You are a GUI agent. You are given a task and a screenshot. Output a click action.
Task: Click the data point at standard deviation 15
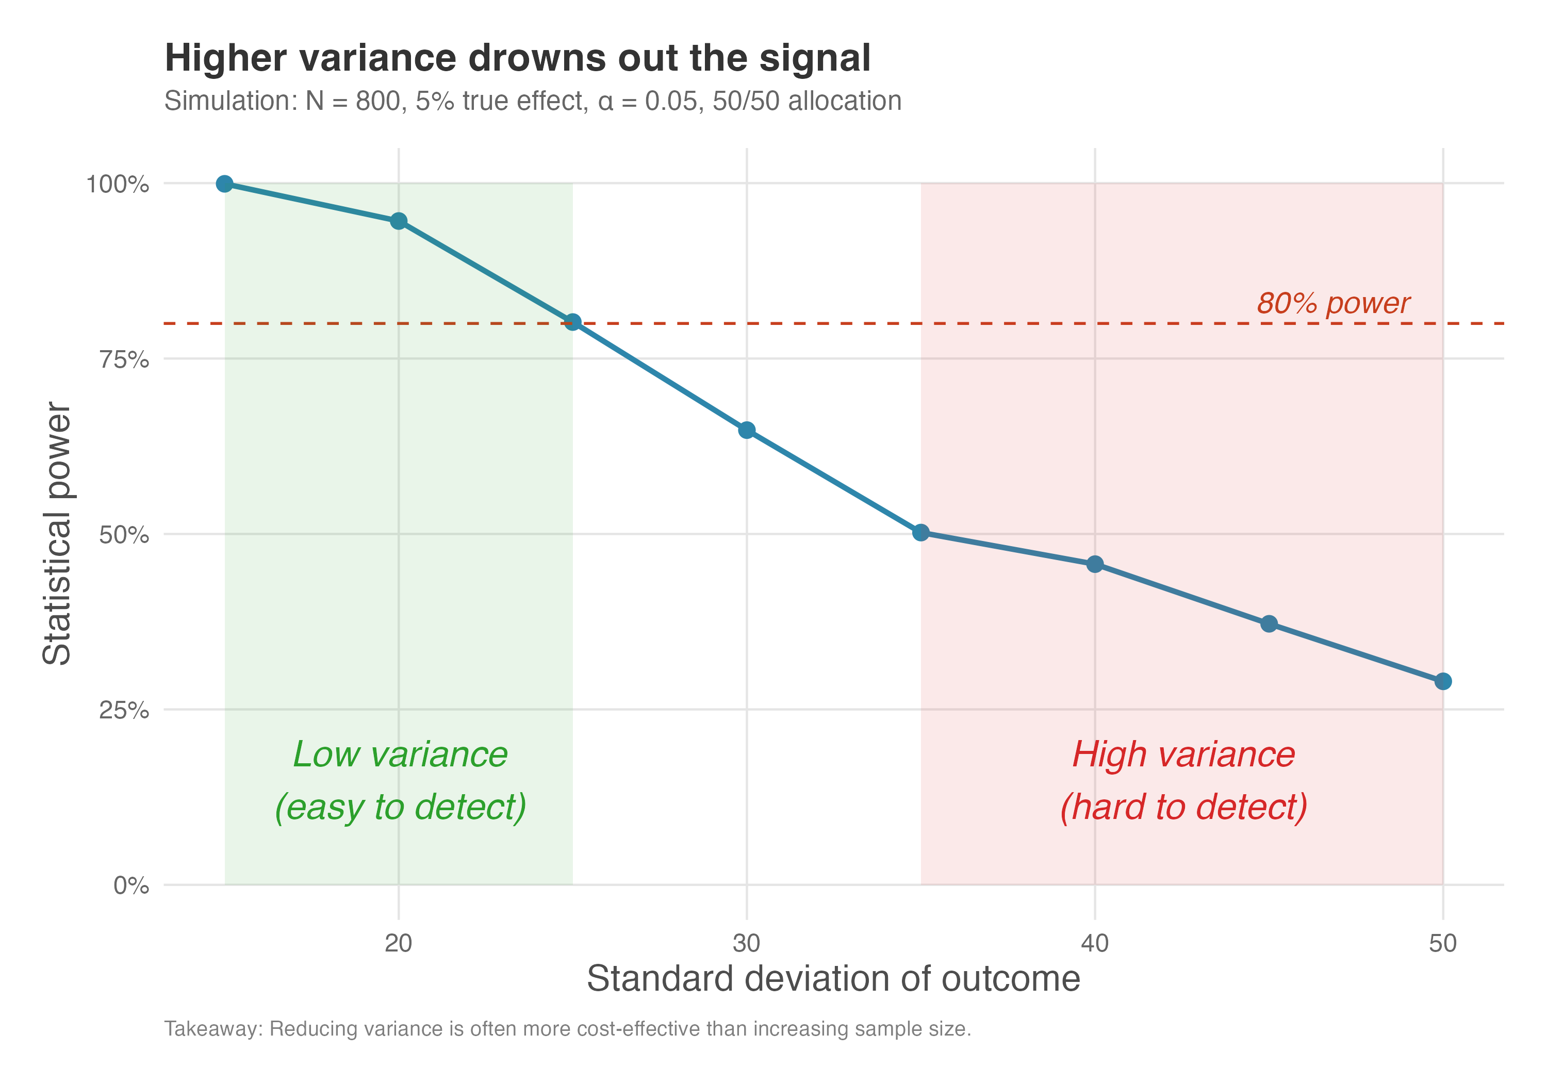225,184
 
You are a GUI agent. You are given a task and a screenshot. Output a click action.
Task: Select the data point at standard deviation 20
399,221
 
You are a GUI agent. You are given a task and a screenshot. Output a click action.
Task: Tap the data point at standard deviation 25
573,322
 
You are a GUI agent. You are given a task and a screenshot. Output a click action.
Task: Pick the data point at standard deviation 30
747,430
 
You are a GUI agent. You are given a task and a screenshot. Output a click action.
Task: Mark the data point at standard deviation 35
921,532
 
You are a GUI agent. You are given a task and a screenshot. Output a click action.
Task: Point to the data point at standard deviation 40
1095,564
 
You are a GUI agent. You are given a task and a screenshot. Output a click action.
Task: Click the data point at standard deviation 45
1269,624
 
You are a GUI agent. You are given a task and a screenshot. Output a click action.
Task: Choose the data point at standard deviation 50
1442,681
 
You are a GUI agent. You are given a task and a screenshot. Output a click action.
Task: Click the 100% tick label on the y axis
117,184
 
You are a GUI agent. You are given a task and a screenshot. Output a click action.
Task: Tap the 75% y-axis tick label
124,359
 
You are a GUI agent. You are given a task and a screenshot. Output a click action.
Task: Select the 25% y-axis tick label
124,710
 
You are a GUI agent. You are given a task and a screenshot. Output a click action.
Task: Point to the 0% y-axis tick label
131,885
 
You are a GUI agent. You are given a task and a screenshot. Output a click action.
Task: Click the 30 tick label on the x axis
747,943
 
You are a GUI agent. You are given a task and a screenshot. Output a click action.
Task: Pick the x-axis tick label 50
1442,943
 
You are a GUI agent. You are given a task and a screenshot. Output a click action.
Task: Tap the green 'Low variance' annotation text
400,754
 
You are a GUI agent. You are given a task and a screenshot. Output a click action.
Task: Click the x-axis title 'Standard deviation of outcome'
833,978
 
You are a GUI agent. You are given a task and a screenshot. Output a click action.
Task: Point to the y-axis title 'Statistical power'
57,534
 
